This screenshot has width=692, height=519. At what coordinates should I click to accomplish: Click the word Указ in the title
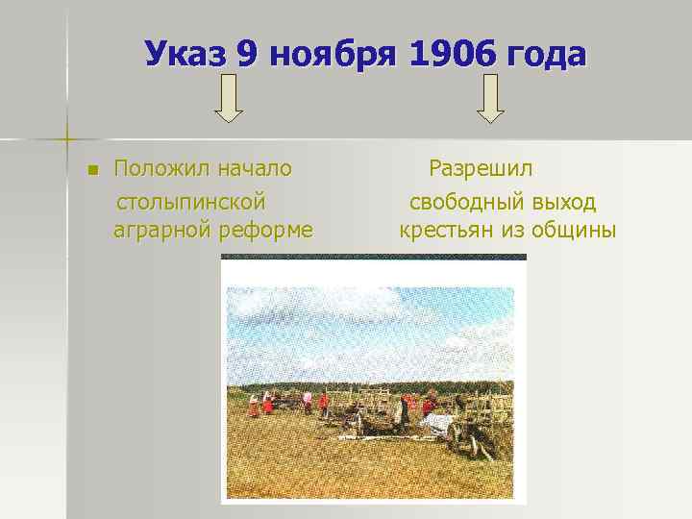click(x=185, y=54)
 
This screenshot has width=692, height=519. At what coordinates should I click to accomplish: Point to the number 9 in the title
click(x=248, y=54)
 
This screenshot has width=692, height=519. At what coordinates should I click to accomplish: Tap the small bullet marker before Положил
click(x=92, y=171)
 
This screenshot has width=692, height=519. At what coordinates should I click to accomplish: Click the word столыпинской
click(x=190, y=202)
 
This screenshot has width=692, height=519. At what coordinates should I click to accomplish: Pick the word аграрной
click(x=158, y=232)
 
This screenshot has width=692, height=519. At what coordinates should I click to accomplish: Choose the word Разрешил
click(x=481, y=169)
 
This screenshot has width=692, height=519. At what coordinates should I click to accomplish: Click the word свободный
click(x=465, y=202)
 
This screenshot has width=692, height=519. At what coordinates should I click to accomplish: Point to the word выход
click(x=562, y=202)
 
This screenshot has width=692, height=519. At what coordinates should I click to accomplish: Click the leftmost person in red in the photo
click(x=254, y=406)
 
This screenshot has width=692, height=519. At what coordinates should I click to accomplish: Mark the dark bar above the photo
click(x=374, y=257)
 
